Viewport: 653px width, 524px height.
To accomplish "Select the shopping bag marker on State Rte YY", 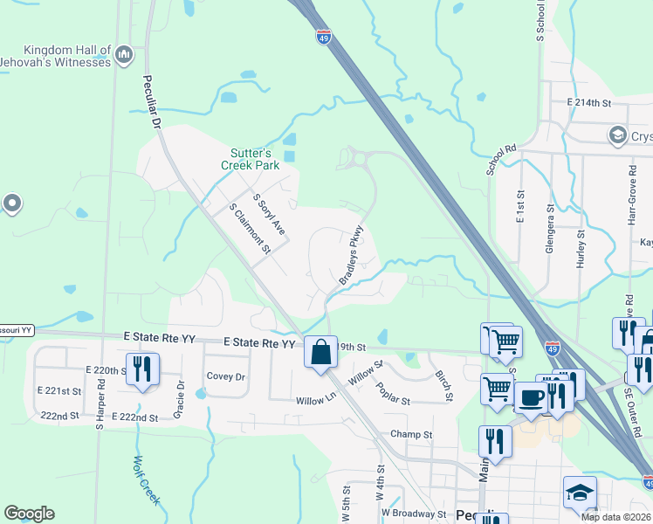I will [320, 352].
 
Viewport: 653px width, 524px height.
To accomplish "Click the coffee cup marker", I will [531, 398].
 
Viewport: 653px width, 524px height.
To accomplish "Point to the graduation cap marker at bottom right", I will [580, 493].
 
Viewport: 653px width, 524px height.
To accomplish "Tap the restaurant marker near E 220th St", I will [140, 368].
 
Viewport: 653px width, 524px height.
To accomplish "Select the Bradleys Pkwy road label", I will [350, 256].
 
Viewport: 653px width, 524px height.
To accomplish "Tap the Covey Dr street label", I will [225, 376].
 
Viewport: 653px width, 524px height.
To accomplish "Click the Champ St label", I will [411, 434].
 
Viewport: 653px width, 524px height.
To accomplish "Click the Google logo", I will [30, 514].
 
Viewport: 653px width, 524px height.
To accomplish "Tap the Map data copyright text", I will [616, 517].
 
